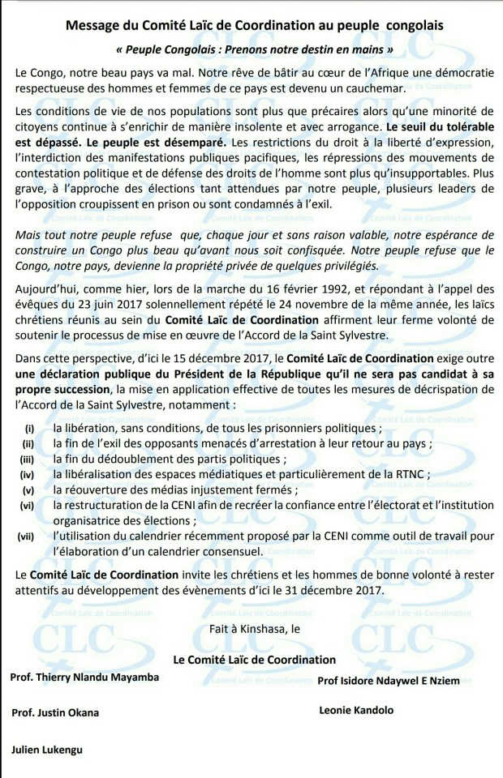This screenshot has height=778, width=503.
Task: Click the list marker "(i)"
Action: tap(30, 428)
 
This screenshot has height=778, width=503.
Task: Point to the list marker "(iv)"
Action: tap(29, 474)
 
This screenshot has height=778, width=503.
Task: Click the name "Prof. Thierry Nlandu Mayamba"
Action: tap(85, 677)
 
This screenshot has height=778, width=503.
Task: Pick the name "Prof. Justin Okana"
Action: tap(55, 713)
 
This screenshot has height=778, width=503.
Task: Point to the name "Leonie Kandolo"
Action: tap(357, 710)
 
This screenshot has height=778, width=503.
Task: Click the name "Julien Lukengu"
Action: tap(47, 750)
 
